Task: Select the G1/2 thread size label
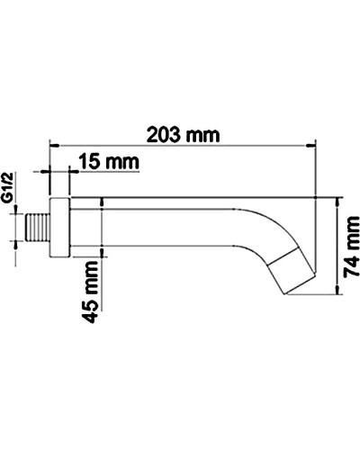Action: click(8, 191)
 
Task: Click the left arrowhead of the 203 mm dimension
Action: click(53, 144)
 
